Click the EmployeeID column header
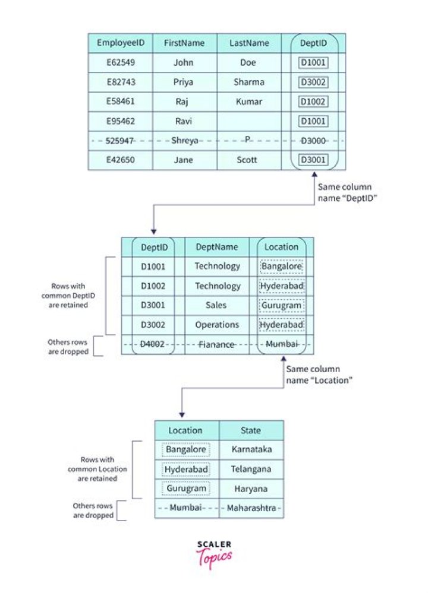tap(120, 43)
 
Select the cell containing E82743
tap(120, 82)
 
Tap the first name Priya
tap(184, 82)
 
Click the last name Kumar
tap(248, 102)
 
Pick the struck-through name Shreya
tap(184, 141)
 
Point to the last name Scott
tap(248, 160)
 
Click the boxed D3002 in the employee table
tap(313, 82)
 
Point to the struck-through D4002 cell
tap(153, 345)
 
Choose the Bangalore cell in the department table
tap(281, 267)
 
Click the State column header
tap(250, 430)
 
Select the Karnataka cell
tap(250, 450)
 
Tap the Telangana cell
tap(250, 470)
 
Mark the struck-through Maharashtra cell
tap(250, 509)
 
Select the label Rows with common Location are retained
tap(97, 470)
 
